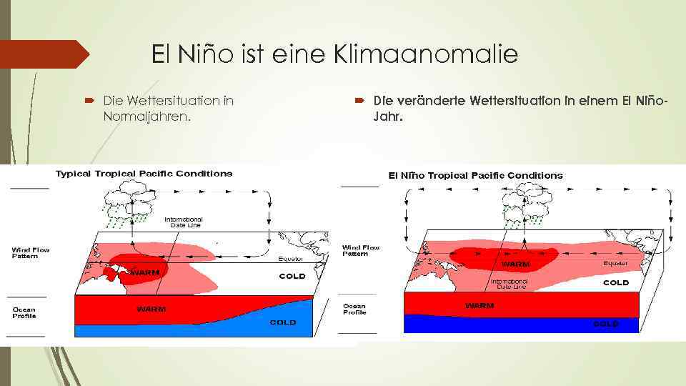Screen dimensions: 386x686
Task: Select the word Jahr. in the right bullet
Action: (x=388, y=117)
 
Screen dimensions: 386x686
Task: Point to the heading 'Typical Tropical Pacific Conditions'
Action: (x=144, y=174)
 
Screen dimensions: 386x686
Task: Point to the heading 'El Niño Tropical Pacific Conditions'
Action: (x=475, y=175)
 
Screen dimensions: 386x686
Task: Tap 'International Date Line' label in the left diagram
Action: (x=184, y=222)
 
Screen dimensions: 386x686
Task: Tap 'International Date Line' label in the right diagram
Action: (x=509, y=284)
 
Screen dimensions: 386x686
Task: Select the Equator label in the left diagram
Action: (x=291, y=259)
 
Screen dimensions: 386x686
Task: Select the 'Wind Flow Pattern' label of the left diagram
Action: (x=31, y=252)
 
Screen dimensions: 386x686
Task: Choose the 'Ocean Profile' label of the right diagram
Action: (x=354, y=309)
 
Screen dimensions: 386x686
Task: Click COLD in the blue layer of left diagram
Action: (x=283, y=322)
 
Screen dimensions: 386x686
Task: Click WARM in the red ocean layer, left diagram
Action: (x=151, y=310)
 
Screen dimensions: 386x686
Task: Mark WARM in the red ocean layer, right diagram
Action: (x=479, y=305)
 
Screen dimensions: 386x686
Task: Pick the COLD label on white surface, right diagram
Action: (x=615, y=282)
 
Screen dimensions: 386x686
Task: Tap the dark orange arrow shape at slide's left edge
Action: (x=43, y=54)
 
